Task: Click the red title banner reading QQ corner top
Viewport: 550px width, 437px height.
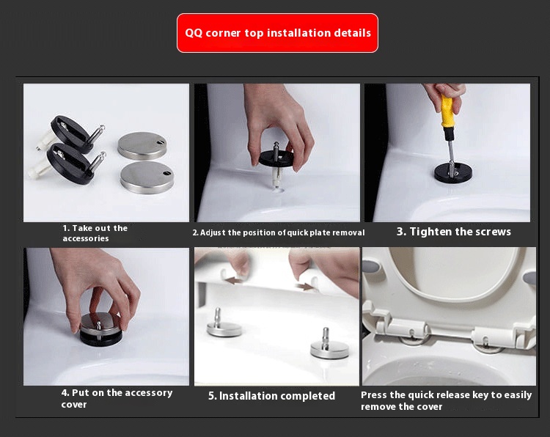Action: [277, 33]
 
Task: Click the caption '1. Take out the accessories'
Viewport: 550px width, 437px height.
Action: [95, 233]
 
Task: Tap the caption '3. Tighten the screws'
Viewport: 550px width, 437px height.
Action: [453, 232]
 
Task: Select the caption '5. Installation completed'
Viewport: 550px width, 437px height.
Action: [271, 396]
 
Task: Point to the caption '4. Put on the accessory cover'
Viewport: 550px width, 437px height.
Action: [117, 398]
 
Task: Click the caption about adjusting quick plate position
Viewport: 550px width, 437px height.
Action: [278, 232]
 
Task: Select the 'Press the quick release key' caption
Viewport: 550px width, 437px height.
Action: [446, 400]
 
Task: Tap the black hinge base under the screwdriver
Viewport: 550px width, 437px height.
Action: [452, 172]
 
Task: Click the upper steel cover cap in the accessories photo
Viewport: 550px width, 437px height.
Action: [142, 144]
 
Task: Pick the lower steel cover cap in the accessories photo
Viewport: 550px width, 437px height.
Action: [147, 176]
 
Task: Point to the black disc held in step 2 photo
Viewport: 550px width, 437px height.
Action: [277, 158]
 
